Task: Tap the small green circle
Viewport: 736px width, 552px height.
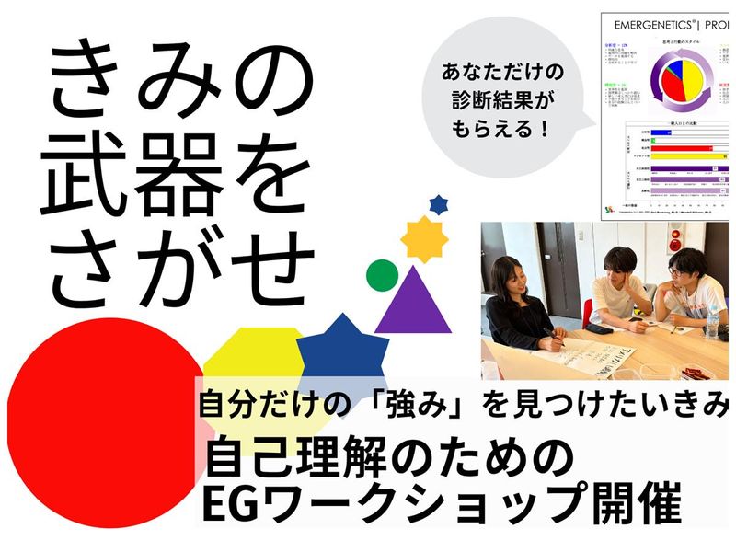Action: [381, 273]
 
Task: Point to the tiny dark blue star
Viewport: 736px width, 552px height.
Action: [439, 202]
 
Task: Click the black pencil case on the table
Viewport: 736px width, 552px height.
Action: [600, 329]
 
